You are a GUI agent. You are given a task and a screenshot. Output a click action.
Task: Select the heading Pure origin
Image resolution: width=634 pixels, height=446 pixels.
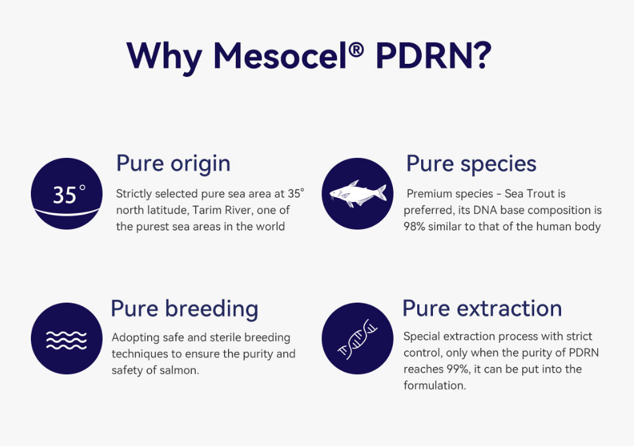click(173, 163)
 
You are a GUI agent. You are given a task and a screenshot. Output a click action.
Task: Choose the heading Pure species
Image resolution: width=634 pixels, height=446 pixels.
click(471, 163)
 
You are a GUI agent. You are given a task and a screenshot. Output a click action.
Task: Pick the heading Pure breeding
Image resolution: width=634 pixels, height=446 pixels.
click(185, 308)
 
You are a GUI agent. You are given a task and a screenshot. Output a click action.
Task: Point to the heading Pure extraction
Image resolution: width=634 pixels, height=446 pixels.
click(482, 308)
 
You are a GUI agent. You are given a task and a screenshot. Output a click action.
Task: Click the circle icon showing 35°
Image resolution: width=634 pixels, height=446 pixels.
click(67, 193)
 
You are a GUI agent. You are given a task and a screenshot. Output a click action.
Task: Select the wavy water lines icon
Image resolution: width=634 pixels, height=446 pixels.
click(67, 338)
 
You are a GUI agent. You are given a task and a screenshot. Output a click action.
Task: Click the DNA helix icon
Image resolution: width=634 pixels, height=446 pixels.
click(357, 338)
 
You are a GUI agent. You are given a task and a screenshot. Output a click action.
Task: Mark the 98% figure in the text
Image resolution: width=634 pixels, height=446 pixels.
click(415, 227)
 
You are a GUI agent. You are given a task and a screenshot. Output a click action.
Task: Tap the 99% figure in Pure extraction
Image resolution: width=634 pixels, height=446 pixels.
click(447, 369)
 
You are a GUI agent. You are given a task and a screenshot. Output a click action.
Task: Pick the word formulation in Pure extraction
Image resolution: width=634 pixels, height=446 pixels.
click(434, 385)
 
